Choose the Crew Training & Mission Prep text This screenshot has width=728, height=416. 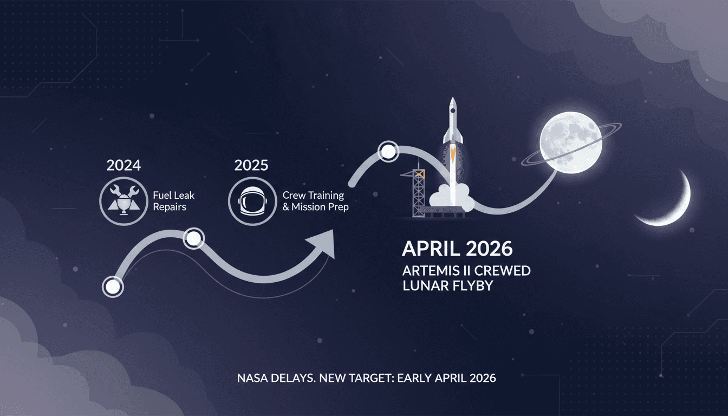click(x=316, y=201)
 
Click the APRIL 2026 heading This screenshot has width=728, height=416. click(x=457, y=249)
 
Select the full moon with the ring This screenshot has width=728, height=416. click(x=570, y=143)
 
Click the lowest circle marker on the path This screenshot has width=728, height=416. click(x=113, y=287)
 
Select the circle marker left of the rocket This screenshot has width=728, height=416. click(x=388, y=152)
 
